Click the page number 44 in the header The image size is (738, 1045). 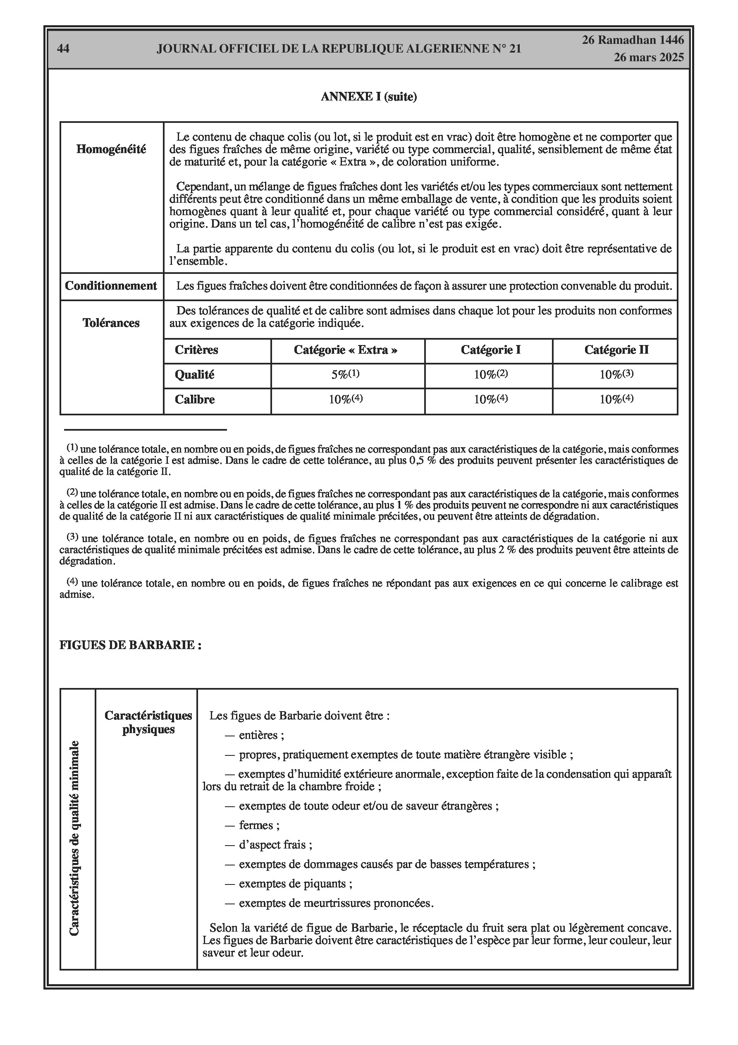pyautogui.click(x=63, y=49)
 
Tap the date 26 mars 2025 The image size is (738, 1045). pyautogui.click(x=648, y=58)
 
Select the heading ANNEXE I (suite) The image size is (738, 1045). pyautogui.click(x=368, y=97)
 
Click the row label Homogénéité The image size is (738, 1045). pyautogui.click(x=111, y=149)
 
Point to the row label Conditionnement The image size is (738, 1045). pyautogui.click(x=111, y=286)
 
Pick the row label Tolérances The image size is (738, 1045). pyautogui.click(x=111, y=323)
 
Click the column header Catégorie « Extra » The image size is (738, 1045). pyautogui.click(x=345, y=350)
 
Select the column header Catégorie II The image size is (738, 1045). pyautogui.click(x=616, y=350)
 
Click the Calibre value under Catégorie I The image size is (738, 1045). pyautogui.click(x=490, y=399)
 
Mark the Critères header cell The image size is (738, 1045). pyautogui.click(x=196, y=350)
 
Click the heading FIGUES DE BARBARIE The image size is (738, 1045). pyautogui.click(x=130, y=645)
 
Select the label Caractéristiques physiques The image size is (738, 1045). pyautogui.click(x=148, y=722)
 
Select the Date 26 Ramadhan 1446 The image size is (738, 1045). pyautogui.click(x=633, y=40)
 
